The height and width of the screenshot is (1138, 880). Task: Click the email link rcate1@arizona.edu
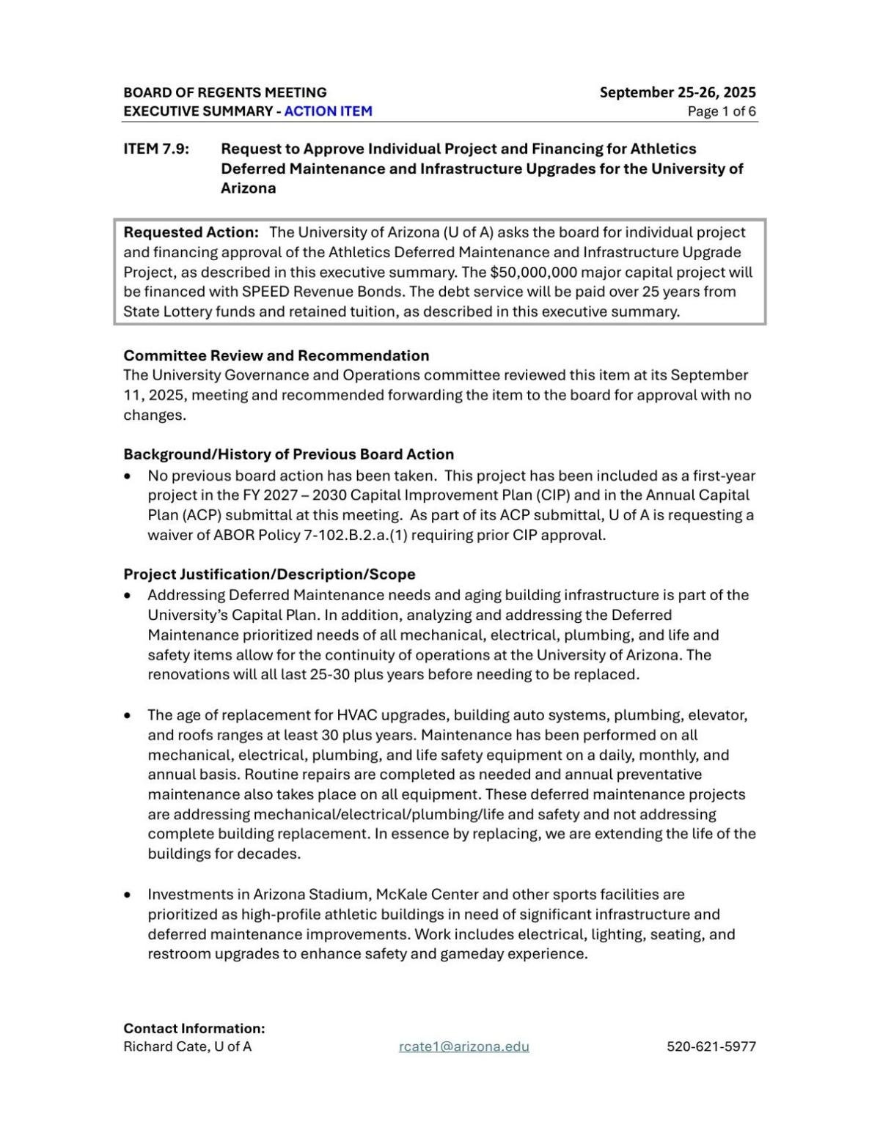[463, 1046]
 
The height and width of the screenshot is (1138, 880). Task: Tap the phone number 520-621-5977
[711, 1046]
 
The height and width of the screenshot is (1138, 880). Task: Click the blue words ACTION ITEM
[328, 111]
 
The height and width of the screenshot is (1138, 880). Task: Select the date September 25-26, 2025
[678, 92]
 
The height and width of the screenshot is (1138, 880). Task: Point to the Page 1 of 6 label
[722, 111]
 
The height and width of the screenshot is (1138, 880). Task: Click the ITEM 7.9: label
[156, 149]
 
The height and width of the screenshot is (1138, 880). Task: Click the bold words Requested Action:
[191, 232]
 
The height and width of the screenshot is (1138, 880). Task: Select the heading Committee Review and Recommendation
[276, 355]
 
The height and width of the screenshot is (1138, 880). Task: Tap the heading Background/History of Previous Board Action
[289, 454]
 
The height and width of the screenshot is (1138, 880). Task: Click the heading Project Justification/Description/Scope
[269, 574]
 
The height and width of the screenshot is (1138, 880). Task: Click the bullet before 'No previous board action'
[128, 476]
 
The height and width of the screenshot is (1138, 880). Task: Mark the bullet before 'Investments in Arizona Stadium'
[128, 895]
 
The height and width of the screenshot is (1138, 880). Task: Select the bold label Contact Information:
[194, 1028]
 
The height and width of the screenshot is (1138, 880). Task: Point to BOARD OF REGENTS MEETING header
[225, 92]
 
